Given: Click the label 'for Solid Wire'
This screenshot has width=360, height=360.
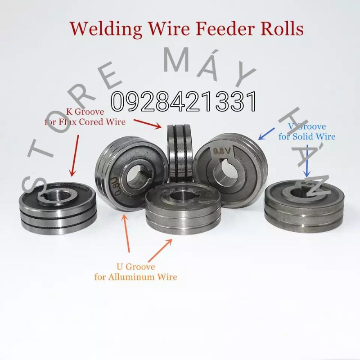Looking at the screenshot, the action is [x=307, y=136].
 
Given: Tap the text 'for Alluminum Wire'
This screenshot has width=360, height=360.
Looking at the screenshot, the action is [x=136, y=277].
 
